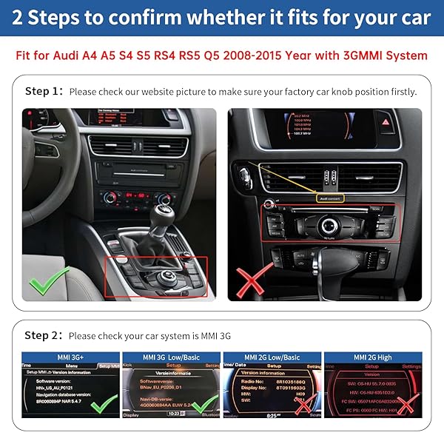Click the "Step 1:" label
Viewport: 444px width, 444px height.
[44, 92]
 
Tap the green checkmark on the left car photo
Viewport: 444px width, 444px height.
[47, 282]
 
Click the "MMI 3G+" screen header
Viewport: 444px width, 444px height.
[71, 357]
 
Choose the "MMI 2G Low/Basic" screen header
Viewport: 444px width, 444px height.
[272, 357]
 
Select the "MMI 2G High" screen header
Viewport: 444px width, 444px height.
[373, 357]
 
